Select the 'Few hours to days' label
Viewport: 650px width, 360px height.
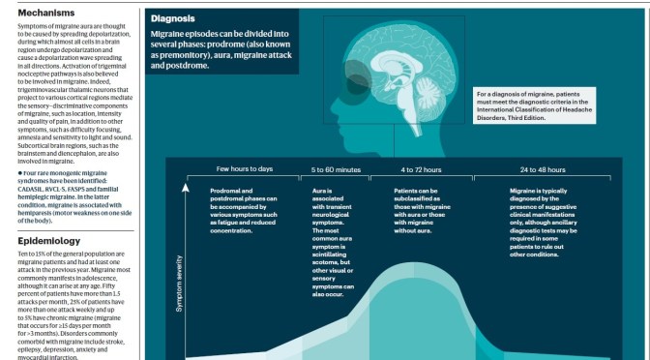coord(244,169)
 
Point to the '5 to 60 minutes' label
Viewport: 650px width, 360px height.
coord(336,169)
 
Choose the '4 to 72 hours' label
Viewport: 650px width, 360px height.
coord(421,169)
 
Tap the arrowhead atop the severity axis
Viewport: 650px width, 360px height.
coord(187,180)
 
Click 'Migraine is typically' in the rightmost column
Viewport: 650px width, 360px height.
coord(543,191)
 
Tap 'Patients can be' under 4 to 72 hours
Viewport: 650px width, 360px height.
coord(418,191)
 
